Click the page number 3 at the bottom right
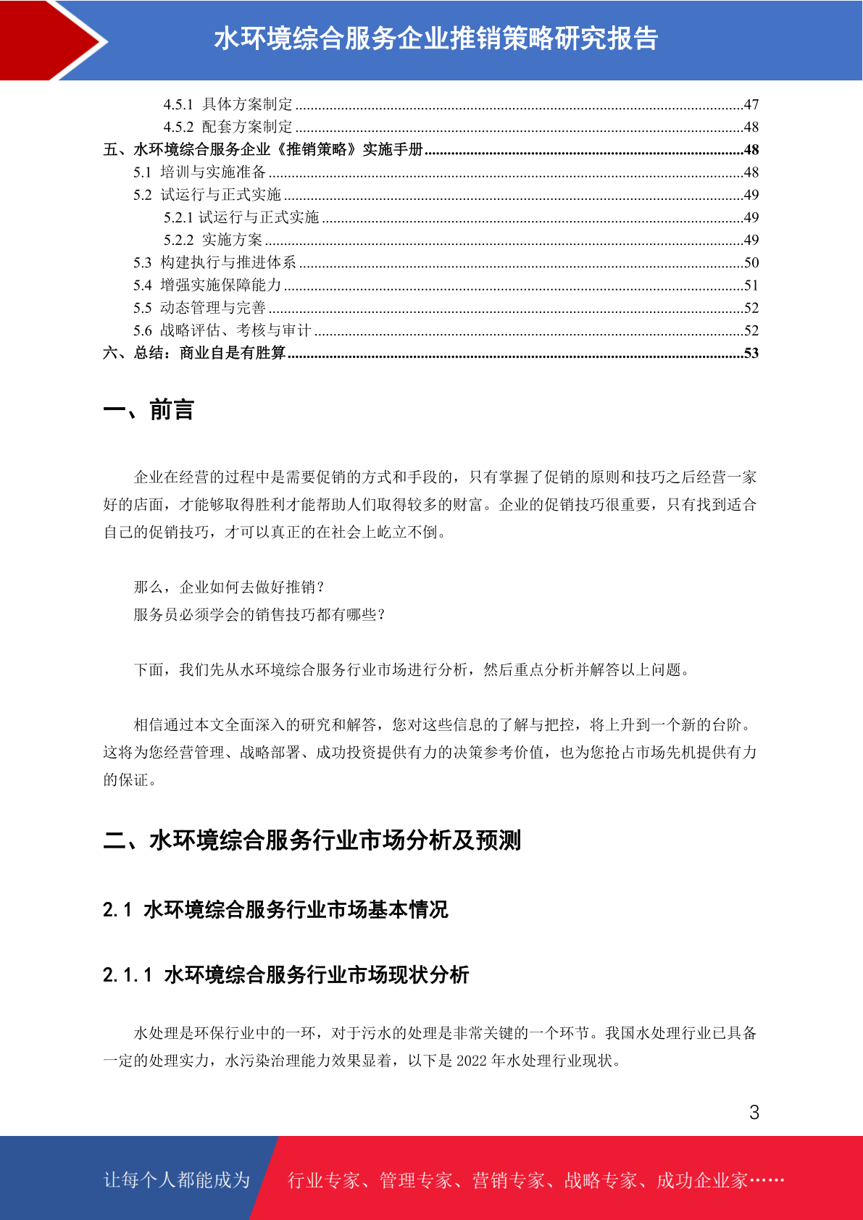tap(754, 1112)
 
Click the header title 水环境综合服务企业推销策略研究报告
tap(435, 38)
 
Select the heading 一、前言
tap(149, 410)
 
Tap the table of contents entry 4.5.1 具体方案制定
tap(228, 104)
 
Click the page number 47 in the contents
tap(751, 104)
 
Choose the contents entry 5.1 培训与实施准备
tap(199, 172)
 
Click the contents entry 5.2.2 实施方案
tap(213, 240)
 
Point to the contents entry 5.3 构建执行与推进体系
tap(214, 262)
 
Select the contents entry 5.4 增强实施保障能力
tap(207, 285)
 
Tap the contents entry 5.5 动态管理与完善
tap(199, 308)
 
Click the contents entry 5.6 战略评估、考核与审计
tap(222, 330)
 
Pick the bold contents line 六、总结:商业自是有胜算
tap(194, 353)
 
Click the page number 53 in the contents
tap(751, 353)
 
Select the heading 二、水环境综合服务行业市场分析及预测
tap(312, 840)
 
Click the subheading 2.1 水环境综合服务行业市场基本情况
tap(275, 909)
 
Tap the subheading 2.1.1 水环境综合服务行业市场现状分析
tap(285, 974)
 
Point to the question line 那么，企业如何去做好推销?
tap(230, 587)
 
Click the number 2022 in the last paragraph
tap(472, 1061)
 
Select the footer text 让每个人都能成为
tap(177, 1180)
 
